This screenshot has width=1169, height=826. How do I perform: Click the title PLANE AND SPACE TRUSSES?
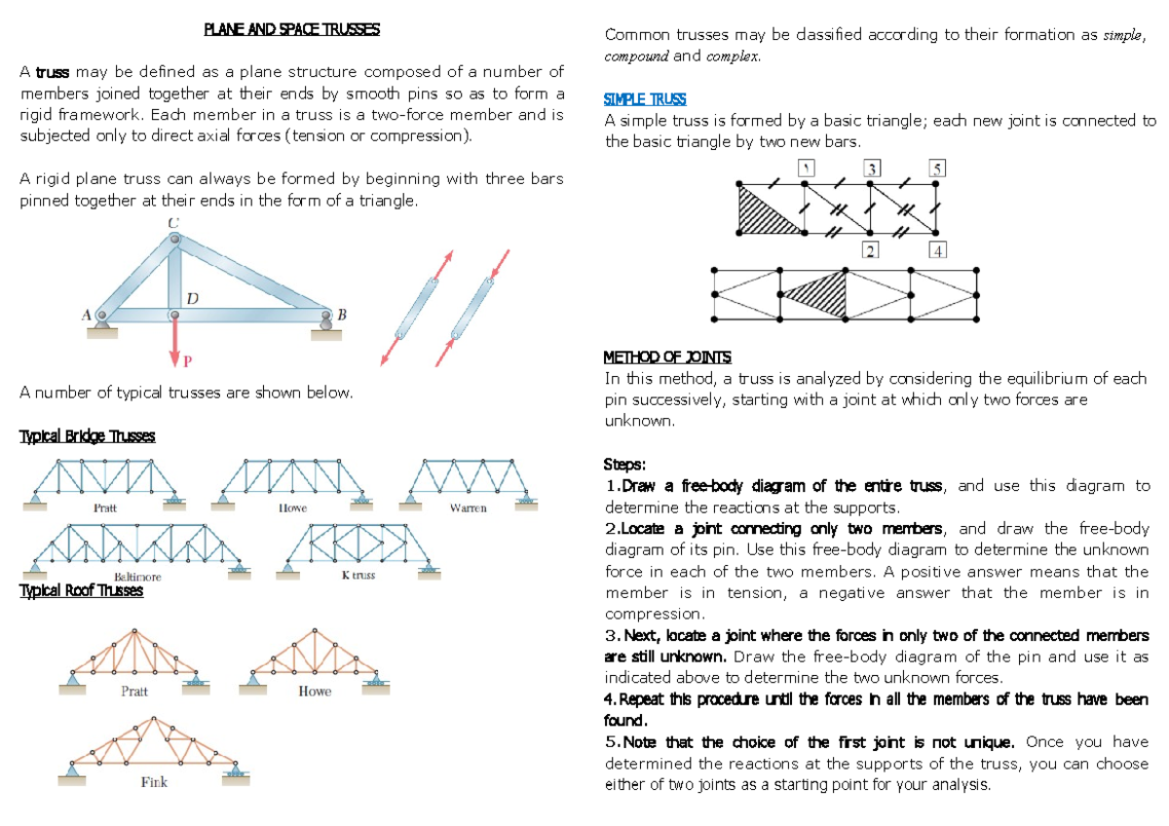pos(291,29)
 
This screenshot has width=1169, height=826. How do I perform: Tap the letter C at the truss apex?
pos(172,224)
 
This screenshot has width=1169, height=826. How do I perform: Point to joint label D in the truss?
pos(193,299)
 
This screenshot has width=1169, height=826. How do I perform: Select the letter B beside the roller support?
pos(341,315)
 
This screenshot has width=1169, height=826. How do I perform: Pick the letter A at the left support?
pos(87,315)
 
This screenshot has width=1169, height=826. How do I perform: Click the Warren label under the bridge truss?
pos(468,508)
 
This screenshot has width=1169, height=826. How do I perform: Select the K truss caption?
pos(358,575)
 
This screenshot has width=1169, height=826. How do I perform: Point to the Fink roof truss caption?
pos(153,782)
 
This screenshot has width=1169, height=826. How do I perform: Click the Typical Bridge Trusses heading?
pos(87,436)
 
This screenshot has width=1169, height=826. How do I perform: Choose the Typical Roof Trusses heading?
pos(81,590)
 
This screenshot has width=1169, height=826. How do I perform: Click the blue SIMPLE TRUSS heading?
pos(645,99)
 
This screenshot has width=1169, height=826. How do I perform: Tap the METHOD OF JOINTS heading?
pos(667,357)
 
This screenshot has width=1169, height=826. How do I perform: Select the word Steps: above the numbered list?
pos(624,464)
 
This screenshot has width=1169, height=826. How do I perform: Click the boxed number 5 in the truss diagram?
pos(937,169)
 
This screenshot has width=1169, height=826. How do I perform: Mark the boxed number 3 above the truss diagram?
pos(872,169)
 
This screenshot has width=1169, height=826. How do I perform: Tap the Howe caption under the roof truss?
pos(314,692)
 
